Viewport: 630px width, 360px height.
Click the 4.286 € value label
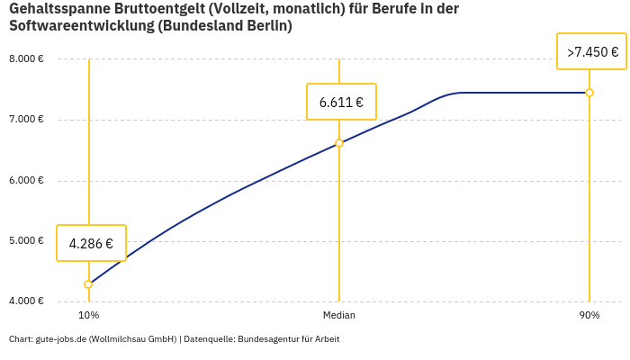91,243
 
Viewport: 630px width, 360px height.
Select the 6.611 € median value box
341,102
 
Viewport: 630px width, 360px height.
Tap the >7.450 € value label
592,52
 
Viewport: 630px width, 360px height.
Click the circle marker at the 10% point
88,284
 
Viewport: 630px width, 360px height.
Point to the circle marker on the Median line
339,143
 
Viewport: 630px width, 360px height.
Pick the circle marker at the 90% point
589,93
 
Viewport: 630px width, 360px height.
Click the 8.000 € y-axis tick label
26,59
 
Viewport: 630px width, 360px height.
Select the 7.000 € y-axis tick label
26,120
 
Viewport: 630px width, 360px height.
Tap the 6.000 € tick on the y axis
26,180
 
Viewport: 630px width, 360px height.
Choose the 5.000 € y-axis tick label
26,240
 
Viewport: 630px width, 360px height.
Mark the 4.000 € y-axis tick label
26,301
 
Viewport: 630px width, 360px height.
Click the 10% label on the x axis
88,316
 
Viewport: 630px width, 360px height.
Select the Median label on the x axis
339,316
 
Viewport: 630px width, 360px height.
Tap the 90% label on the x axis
589,316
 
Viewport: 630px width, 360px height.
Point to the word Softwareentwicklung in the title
82,26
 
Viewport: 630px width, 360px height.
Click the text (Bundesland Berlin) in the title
225,26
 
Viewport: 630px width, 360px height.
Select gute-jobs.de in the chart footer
60,339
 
